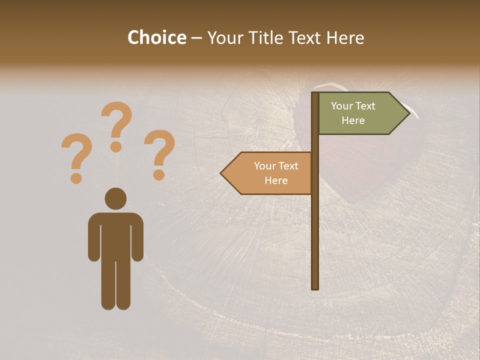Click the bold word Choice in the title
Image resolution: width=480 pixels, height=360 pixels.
tap(156, 37)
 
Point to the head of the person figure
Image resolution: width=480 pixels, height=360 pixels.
tap(115, 198)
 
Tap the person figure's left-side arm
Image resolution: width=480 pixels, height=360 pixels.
tap(93, 237)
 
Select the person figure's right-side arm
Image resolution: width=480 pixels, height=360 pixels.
tap(137, 237)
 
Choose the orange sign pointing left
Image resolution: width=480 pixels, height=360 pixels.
tap(270, 173)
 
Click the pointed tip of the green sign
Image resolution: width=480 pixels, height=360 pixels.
tap(407, 113)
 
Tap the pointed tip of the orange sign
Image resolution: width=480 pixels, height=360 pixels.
tap(223, 173)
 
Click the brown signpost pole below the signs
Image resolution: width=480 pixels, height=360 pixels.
tap(315, 240)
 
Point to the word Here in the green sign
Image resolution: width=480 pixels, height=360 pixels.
tap(353, 120)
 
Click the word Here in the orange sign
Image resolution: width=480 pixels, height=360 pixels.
tap(276, 180)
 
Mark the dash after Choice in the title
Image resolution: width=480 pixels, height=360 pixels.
tap(196, 38)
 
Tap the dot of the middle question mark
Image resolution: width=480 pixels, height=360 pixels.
tap(116, 146)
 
